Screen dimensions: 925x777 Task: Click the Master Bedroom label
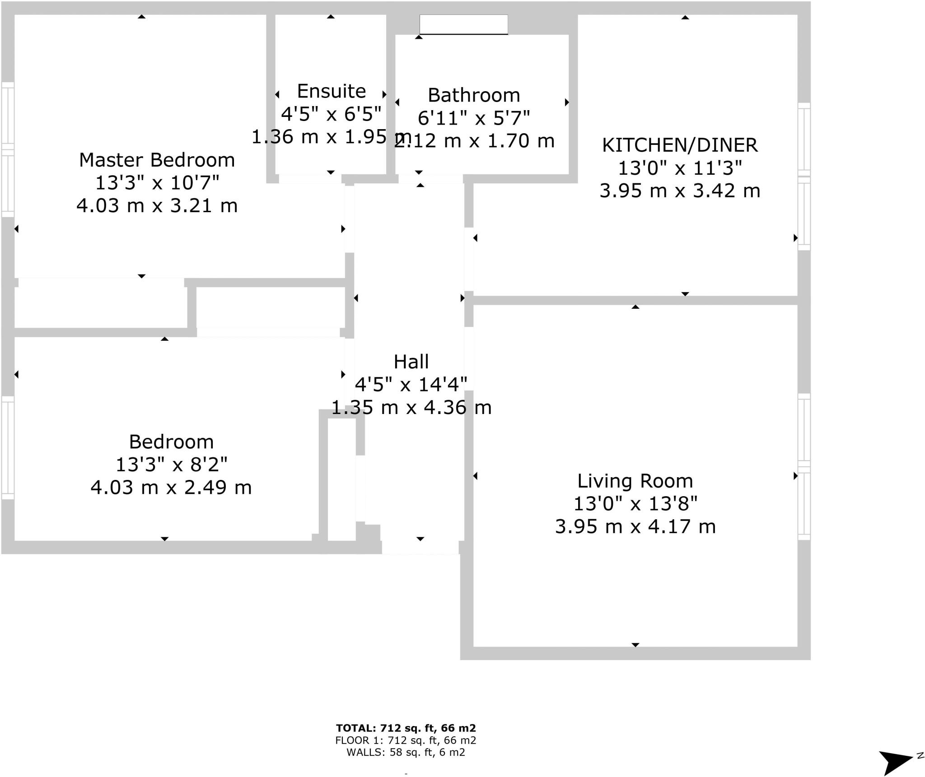tap(157, 160)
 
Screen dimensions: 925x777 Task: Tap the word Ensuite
tap(331, 92)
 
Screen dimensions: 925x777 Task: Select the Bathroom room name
tap(474, 96)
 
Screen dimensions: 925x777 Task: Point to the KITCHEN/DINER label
tap(680, 145)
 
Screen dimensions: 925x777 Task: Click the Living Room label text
tap(635, 481)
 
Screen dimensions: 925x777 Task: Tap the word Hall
tap(411, 362)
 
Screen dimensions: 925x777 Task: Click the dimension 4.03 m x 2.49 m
tap(171, 488)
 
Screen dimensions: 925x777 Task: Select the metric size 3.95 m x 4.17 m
tap(635, 527)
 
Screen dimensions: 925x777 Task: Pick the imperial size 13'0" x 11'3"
tap(680, 168)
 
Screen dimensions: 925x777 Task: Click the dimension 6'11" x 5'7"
tap(474, 118)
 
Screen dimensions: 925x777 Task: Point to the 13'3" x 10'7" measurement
tap(157, 183)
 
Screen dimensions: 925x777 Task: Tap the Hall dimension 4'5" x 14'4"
tap(411, 385)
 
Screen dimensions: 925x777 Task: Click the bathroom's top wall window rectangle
tap(463, 24)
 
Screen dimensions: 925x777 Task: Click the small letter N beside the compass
tap(920, 756)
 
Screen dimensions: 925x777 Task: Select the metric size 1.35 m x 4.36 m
tap(411, 408)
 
